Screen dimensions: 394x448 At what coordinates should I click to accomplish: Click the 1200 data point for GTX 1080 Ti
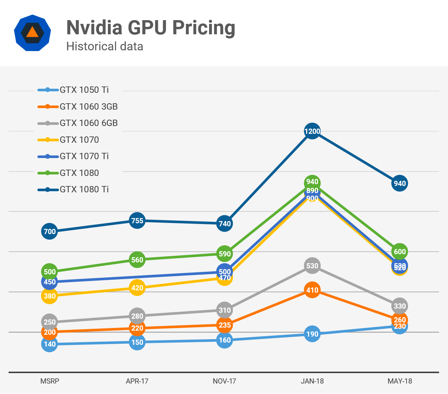(x=312, y=131)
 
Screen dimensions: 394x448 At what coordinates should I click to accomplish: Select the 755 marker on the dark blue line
(x=137, y=221)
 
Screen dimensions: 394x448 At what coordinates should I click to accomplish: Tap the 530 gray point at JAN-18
(x=312, y=266)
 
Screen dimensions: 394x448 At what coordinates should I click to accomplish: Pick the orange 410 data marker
(x=312, y=290)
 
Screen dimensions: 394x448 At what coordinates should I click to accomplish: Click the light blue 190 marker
(x=312, y=334)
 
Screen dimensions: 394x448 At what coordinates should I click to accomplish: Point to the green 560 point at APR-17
(x=137, y=260)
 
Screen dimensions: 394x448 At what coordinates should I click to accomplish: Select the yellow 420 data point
(x=137, y=288)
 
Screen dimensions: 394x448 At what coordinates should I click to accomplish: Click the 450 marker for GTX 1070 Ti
(x=50, y=282)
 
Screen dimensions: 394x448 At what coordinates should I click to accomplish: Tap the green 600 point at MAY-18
(x=399, y=252)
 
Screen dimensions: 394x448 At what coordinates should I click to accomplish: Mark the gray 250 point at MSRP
(x=50, y=322)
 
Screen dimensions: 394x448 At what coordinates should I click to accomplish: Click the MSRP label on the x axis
(x=50, y=381)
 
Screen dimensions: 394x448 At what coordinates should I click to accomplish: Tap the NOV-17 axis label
(x=224, y=381)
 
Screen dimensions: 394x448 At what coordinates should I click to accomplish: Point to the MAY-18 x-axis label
(x=399, y=381)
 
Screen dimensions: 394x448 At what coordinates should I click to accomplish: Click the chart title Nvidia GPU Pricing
(x=150, y=28)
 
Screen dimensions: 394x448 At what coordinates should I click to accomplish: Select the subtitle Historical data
(x=105, y=47)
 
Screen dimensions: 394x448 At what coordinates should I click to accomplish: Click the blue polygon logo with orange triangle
(x=32, y=33)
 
